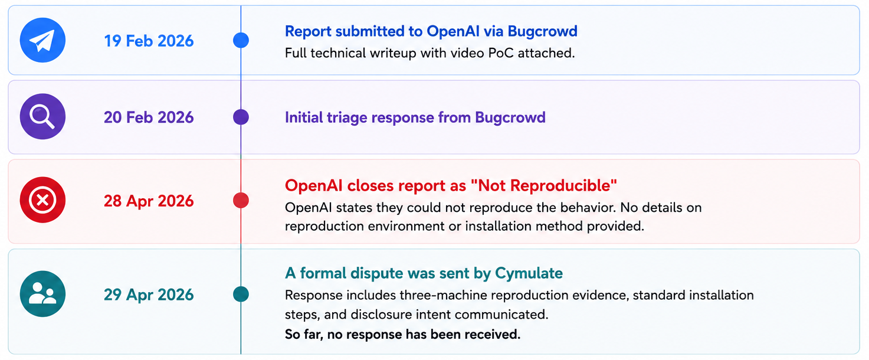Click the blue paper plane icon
(42, 40)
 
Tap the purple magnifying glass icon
(42, 116)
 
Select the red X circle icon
(42, 200)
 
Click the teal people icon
(42, 294)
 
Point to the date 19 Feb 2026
(149, 41)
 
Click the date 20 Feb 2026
(149, 117)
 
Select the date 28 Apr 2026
(149, 201)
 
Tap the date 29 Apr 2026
(149, 295)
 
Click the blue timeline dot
(241, 40)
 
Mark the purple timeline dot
(241, 117)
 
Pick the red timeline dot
(241, 200)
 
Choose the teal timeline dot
(241, 294)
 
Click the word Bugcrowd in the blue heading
(542, 31)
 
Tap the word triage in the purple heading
(347, 118)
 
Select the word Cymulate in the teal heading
(529, 273)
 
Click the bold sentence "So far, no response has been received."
(403, 335)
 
